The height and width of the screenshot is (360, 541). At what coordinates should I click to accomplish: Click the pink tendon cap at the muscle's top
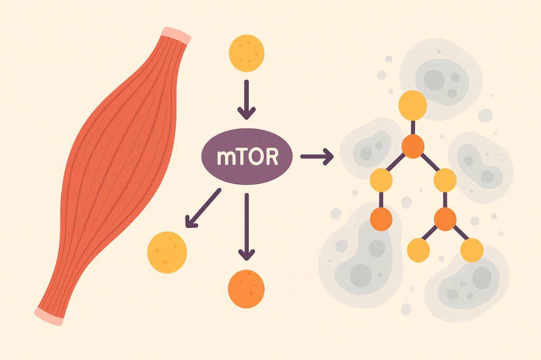click(x=175, y=34)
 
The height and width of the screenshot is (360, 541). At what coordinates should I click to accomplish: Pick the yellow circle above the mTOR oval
click(x=246, y=53)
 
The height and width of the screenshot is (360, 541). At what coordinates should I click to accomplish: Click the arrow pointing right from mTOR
click(x=316, y=156)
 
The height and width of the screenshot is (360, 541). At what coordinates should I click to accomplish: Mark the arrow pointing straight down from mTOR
click(x=246, y=227)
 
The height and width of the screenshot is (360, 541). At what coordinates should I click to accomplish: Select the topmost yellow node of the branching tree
click(x=413, y=105)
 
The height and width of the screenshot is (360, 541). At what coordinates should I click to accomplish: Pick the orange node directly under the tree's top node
click(x=413, y=146)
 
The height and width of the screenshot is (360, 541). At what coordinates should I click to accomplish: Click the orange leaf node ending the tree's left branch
click(x=381, y=219)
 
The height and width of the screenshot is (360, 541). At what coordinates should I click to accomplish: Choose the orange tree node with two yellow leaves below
click(x=445, y=219)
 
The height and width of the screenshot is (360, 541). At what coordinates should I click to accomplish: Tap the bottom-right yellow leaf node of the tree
click(x=471, y=250)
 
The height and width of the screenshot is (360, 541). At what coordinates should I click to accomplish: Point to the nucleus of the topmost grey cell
click(x=434, y=79)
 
